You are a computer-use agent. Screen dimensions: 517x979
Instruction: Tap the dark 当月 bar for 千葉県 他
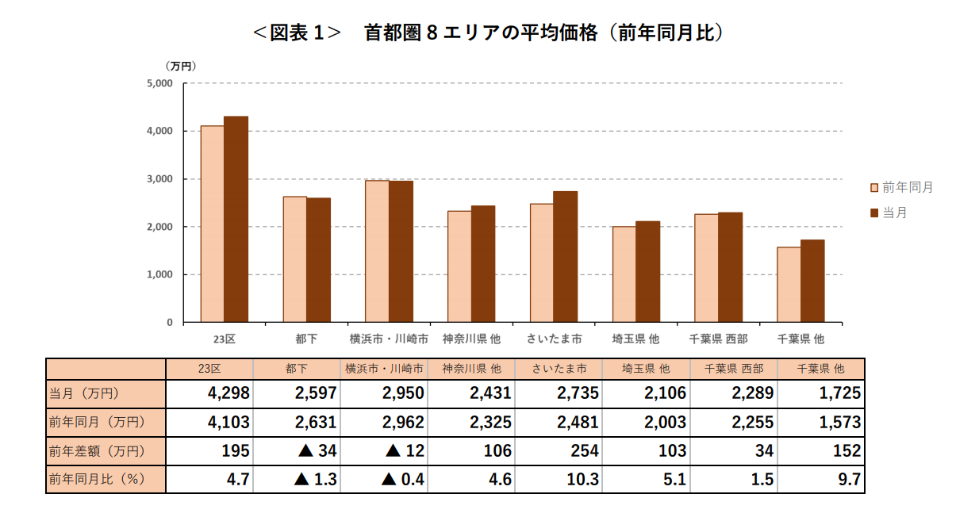click(812, 281)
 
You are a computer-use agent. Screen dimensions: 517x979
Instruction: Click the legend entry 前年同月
click(902, 188)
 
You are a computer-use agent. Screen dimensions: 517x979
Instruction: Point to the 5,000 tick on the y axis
click(159, 83)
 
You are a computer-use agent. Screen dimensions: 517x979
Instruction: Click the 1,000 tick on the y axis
click(159, 275)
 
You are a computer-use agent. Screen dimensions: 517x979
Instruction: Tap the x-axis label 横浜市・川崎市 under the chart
click(389, 339)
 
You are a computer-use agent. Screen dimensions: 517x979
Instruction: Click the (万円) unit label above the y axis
click(180, 66)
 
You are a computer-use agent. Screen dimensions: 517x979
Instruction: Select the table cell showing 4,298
click(209, 393)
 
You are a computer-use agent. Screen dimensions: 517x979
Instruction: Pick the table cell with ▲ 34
click(297, 451)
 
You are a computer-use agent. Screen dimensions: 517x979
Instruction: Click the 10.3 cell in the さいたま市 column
click(559, 480)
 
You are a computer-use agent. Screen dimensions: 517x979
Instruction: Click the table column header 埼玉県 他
click(646, 369)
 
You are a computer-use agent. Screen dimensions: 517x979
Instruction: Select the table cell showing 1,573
click(820, 423)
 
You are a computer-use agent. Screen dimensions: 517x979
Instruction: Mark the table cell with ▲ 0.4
click(384, 480)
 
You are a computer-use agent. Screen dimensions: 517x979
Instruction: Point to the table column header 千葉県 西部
click(733, 369)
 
